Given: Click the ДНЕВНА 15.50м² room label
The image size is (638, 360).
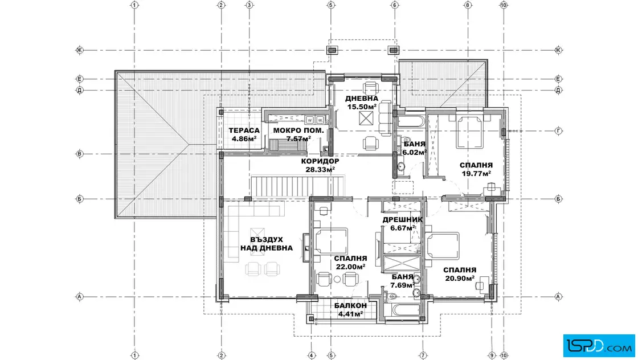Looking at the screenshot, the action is coord(362,103).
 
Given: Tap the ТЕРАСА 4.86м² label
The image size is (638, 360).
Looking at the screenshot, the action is coord(244,134).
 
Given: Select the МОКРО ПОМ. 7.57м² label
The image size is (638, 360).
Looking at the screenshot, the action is coord(298,134).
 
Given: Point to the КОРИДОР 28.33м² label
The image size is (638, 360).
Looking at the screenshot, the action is coord(320,165).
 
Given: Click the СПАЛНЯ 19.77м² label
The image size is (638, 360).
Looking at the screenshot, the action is coord(476,169).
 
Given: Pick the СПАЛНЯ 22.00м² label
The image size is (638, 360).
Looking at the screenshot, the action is coord(350,263).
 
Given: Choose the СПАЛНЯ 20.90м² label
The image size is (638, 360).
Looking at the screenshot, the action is coord(460,274).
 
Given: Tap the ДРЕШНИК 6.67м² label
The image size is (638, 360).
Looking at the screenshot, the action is coord(402,224).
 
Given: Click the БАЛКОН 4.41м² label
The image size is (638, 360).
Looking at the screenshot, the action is coord(350,309).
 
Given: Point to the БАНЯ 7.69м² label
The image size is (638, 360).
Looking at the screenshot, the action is coord(403,281).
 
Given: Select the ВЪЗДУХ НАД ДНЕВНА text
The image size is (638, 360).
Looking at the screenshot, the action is coord(266,244).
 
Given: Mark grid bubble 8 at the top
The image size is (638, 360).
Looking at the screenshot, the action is coord(468,5).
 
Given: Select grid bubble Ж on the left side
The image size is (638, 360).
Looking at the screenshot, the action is coord(79,51).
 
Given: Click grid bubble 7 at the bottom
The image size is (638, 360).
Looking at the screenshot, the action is coord(423,355).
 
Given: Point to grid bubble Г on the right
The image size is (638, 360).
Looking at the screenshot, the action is coord(559,131).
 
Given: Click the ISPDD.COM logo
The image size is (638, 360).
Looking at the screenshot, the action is coord(599,346).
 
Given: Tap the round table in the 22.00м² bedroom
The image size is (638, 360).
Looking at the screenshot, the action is coord(337,280).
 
